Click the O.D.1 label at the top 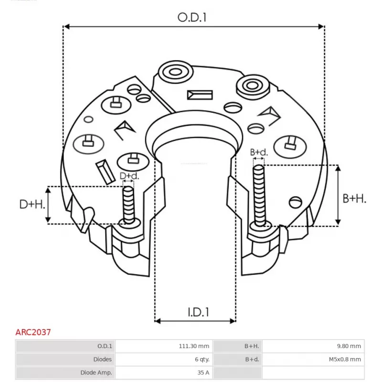[x=192, y=18]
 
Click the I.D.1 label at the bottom [x=197, y=312]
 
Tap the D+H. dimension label [x=32, y=204]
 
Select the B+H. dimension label [x=354, y=199]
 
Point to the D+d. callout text [x=129, y=176]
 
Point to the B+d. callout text [x=259, y=152]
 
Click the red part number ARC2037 [x=33, y=331]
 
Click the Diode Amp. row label [x=96, y=372]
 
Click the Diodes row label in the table [x=103, y=359]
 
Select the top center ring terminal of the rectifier [x=174, y=73]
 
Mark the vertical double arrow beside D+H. [x=48, y=204]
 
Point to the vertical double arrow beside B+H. [x=338, y=194]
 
